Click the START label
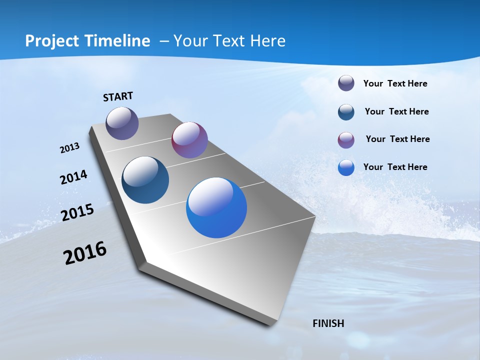tap(118, 96)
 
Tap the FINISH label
tap(328, 323)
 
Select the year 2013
tap(69, 148)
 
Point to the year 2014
tap(73, 177)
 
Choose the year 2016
tap(85, 253)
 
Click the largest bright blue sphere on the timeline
tap(216, 207)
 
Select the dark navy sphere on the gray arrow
tap(145, 180)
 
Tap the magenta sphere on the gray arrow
tap(189, 140)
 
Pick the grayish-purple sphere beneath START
tap(122, 123)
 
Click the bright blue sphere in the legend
tap(346, 167)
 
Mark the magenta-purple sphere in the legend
tap(346, 140)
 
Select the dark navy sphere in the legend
tap(346, 112)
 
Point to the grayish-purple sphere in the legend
tap(346, 83)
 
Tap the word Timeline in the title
tap(118, 41)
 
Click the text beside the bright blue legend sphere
tap(395, 167)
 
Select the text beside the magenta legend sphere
tap(397, 139)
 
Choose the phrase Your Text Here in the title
tap(229, 41)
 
